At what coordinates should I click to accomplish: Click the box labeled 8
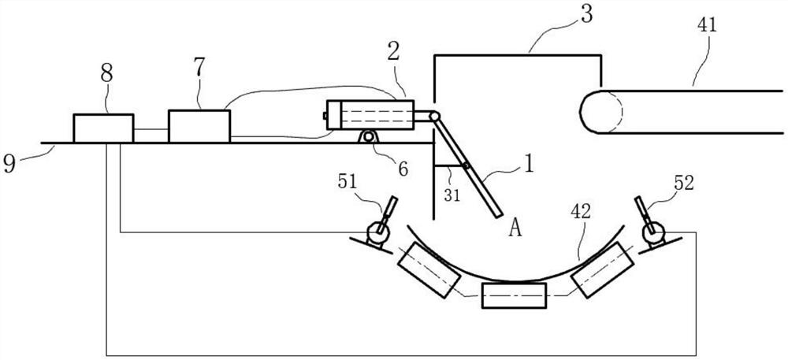pyautogui.click(x=102, y=128)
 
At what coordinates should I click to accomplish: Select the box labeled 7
pyautogui.click(x=199, y=126)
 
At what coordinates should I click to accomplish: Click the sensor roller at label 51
pyautogui.click(x=379, y=232)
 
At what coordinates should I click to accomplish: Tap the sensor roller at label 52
pyautogui.click(x=653, y=232)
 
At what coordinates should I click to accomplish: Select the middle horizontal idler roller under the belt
pyautogui.click(x=514, y=296)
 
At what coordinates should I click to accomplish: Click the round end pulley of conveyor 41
pyautogui.click(x=599, y=112)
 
